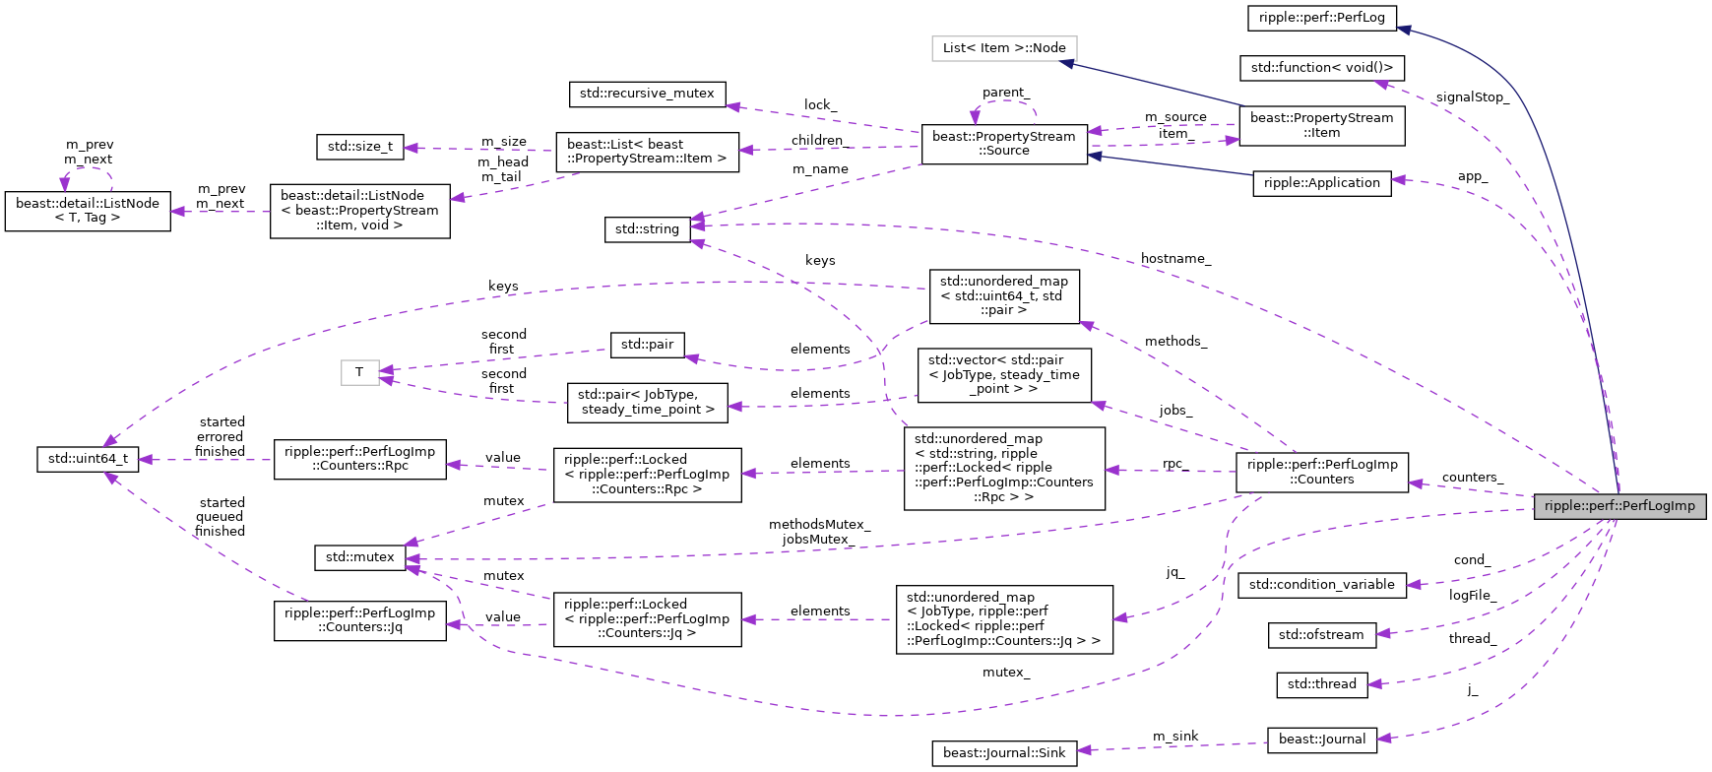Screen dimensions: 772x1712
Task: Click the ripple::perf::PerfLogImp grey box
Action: click(x=1619, y=506)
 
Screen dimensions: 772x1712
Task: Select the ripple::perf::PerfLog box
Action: click(x=1321, y=17)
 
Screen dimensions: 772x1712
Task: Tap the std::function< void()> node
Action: click(x=1321, y=67)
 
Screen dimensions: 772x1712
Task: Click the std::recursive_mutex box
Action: click(x=647, y=94)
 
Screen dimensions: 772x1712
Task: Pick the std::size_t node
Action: click(x=359, y=147)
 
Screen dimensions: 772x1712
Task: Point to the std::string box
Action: click(x=647, y=229)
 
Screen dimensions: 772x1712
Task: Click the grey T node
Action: click(x=359, y=372)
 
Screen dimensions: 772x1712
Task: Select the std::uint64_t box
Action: click(x=88, y=459)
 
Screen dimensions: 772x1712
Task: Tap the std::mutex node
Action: click(x=359, y=557)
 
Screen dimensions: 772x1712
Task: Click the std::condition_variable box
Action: click(x=1321, y=585)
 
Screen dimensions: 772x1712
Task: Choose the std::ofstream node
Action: click(x=1321, y=635)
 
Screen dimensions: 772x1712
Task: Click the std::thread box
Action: click(x=1321, y=684)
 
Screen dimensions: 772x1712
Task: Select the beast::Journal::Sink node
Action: click(x=1003, y=753)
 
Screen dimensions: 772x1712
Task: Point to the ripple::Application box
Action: click(x=1321, y=183)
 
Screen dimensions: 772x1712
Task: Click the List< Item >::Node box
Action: click(x=1004, y=47)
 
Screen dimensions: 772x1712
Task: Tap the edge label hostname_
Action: click(x=1175, y=259)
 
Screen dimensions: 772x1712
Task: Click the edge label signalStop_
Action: click(x=1472, y=97)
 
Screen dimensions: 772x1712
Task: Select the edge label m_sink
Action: click(x=1175, y=737)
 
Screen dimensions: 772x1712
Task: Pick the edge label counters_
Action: click(x=1472, y=478)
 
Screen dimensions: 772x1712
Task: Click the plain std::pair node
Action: click(x=647, y=345)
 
